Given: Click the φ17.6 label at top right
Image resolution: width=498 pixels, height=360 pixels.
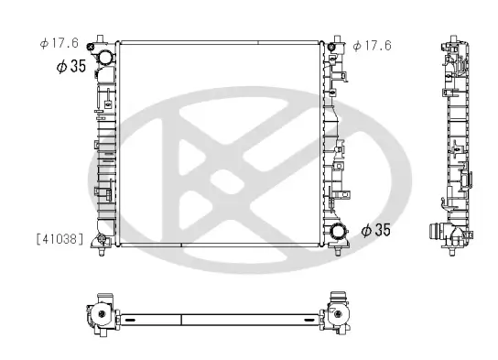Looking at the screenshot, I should [373, 44].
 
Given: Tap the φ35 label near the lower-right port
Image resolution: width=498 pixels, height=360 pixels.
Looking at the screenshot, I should [375, 230].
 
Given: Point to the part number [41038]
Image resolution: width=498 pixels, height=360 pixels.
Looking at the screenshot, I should [60, 239].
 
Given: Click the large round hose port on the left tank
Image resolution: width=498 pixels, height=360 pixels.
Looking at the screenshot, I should [105, 58].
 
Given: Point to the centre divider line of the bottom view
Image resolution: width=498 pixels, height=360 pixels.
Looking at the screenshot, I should [183, 320].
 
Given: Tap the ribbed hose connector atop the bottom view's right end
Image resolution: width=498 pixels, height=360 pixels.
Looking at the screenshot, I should [340, 299].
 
